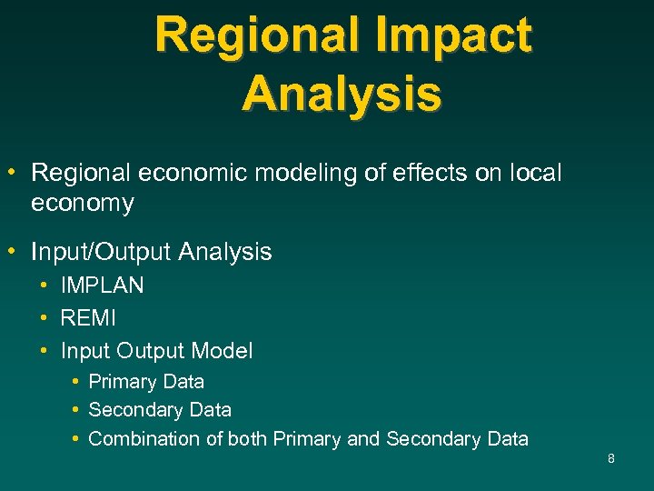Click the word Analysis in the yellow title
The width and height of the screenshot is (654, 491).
(x=342, y=94)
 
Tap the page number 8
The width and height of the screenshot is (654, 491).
(x=611, y=458)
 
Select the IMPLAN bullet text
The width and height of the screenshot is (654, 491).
(x=102, y=286)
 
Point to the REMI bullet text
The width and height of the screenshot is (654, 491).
(x=88, y=318)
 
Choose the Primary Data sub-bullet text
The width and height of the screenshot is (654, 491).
(x=146, y=382)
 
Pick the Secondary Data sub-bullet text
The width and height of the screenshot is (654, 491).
(x=160, y=410)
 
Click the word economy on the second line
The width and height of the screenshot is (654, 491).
(x=82, y=204)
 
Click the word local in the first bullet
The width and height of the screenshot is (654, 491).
(x=537, y=173)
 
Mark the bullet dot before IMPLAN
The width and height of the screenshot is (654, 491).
(x=45, y=286)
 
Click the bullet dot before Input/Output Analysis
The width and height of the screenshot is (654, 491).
(x=15, y=250)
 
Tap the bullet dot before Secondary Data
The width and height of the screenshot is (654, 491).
(x=74, y=410)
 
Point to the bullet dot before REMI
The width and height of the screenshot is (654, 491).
(x=45, y=318)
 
